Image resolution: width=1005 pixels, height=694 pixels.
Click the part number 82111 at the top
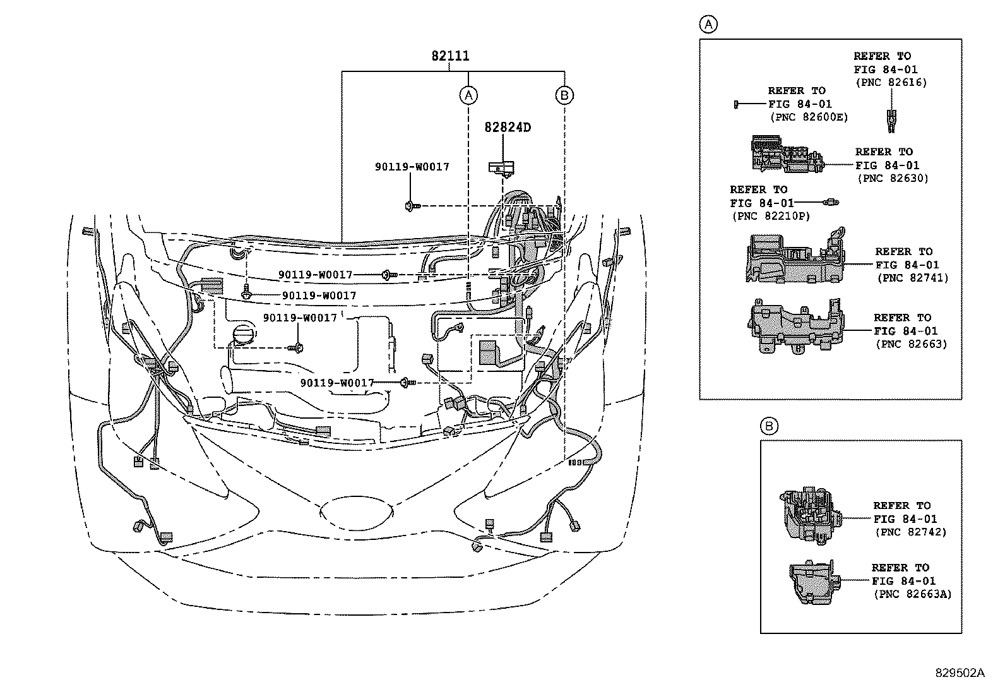coord(450,56)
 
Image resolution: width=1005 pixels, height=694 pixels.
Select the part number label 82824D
coord(508,128)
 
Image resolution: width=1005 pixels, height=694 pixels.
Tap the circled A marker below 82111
coord(468,95)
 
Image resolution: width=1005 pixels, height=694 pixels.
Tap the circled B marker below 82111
coord(564,95)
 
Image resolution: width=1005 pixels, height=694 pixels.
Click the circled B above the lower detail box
coord(769,426)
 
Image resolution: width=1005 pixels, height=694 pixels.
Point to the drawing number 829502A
coord(960,673)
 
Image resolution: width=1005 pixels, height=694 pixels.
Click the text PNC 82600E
coord(809,117)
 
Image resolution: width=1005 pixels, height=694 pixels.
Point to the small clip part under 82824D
coord(502,168)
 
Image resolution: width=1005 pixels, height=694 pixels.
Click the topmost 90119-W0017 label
coord(412,167)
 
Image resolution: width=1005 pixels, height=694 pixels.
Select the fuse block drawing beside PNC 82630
coord(786,153)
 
